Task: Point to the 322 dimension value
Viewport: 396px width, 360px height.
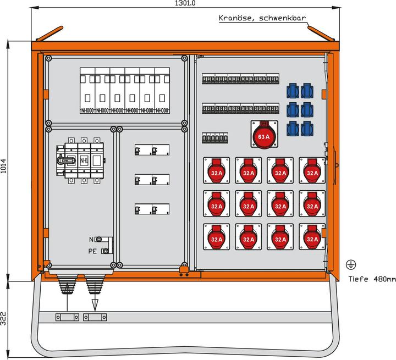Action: (x=5, y=319)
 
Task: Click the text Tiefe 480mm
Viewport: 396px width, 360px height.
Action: (x=372, y=279)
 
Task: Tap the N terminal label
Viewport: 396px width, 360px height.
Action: (x=91, y=240)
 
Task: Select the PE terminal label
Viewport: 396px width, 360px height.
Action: (x=92, y=251)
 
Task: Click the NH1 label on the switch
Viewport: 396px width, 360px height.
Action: (x=84, y=161)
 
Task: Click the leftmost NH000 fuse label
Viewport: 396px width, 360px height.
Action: (x=87, y=110)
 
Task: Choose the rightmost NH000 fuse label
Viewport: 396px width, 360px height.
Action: (x=162, y=110)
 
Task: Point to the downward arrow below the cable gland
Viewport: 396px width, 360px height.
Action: (x=95, y=303)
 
